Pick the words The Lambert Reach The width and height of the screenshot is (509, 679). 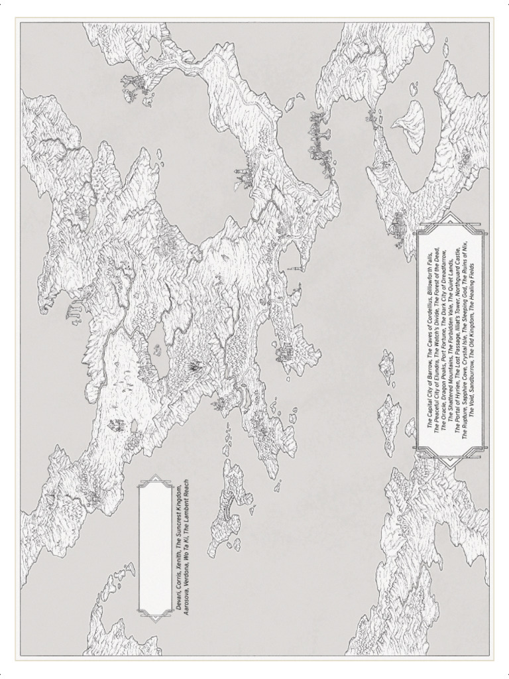pyautogui.click(x=186, y=503)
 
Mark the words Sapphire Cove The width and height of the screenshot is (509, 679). pyautogui.click(x=466, y=389)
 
